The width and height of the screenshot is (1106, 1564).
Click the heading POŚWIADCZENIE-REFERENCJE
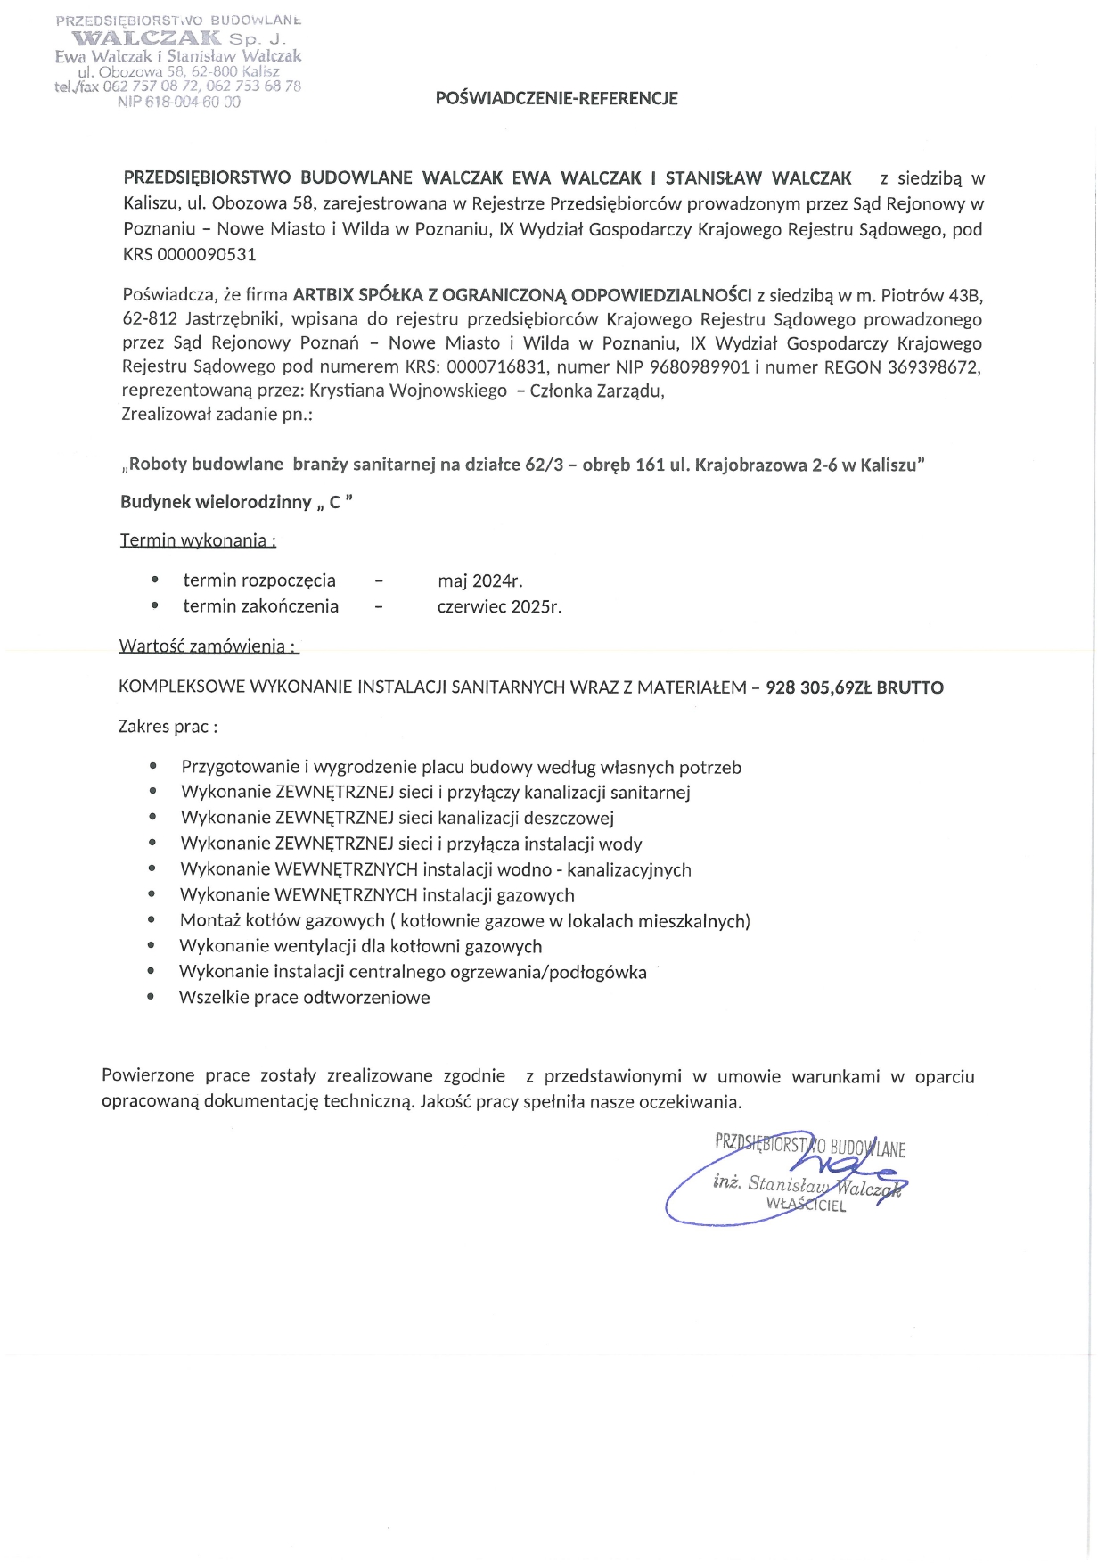point(556,99)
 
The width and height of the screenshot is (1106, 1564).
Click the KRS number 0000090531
point(206,255)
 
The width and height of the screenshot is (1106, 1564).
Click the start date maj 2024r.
point(479,581)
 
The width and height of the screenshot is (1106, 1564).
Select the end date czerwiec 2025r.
point(499,607)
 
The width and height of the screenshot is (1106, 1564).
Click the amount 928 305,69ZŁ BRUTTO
point(854,687)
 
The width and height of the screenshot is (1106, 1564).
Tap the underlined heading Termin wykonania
point(198,540)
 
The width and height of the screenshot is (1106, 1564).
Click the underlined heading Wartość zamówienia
point(209,646)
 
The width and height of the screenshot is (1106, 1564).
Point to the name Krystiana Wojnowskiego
point(408,391)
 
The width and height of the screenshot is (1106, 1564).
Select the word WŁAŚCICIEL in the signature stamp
point(806,1206)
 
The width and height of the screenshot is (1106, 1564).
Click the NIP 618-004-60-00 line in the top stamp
point(178,103)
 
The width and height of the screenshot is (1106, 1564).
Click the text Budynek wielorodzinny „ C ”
point(237,503)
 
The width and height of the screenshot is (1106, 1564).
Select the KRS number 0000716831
point(496,367)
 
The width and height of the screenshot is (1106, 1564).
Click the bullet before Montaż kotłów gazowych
point(152,920)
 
